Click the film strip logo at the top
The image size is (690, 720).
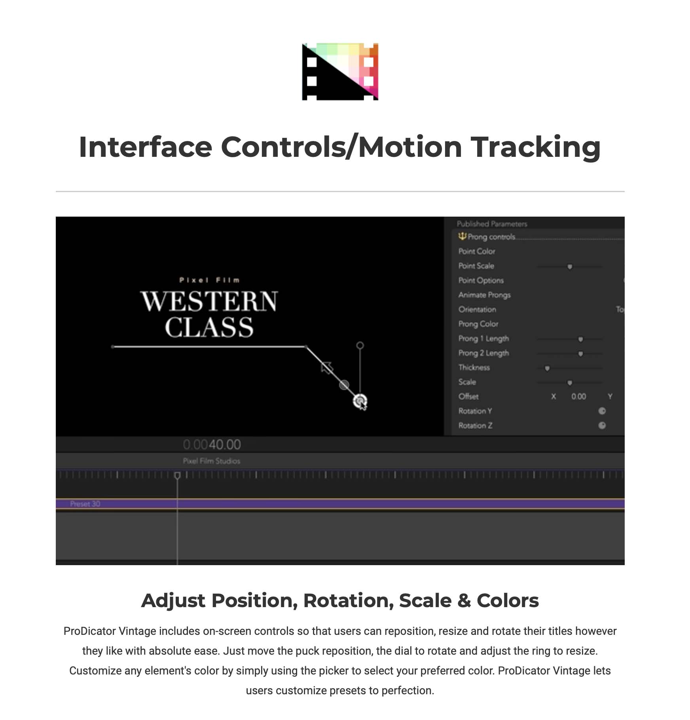(x=340, y=72)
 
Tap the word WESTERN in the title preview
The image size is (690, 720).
(x=209, y=301)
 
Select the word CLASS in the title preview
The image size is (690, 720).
(x=209, y=327)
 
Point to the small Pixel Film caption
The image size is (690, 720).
(x=209, y=280)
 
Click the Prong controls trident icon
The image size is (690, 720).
(x=462, y=236)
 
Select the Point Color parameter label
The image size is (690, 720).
(x=477, y=251)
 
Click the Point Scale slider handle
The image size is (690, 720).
(x=570, y=267)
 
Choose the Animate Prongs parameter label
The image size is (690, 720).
(x=484, y=295)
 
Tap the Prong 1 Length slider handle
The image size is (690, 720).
(x=580, y=339)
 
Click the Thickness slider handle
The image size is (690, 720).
(x=547, y=368)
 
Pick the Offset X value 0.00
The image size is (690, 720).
(x=578, y=396)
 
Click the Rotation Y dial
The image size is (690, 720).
(x=602, y=411)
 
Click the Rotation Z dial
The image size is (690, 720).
(x=602, y=425)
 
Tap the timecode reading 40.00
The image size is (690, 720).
(x=225, y=445)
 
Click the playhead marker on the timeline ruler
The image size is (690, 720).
(x=177, y=475)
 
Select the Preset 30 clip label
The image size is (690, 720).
(x=85, y=504)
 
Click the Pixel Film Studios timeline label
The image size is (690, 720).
(x=211, y=461)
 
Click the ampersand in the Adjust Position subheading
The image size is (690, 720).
(x=464, y=601)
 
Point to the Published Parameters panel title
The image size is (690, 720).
(x=492, y=224)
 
